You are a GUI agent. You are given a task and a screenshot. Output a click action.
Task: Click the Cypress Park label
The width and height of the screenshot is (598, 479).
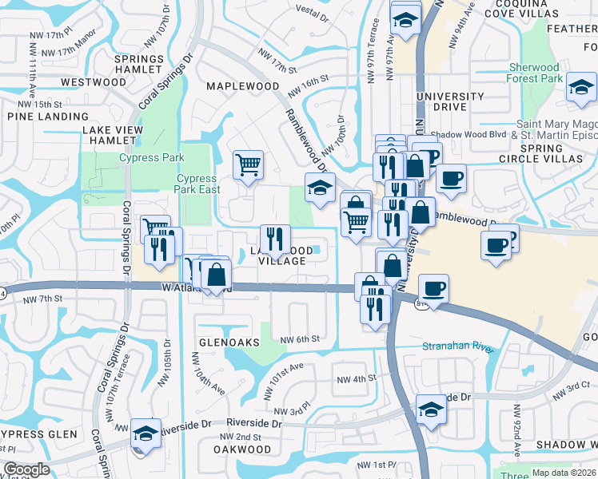151,158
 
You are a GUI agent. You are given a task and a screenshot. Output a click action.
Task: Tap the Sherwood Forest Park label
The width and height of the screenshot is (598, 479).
535,73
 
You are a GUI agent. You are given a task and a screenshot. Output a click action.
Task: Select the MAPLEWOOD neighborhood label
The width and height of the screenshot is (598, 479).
243,85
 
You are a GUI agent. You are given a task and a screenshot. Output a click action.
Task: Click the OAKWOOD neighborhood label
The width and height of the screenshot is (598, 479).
242,449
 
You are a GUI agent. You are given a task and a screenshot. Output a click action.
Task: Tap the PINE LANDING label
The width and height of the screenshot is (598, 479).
37,117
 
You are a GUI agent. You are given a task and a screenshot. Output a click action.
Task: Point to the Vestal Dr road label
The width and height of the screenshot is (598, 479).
313,10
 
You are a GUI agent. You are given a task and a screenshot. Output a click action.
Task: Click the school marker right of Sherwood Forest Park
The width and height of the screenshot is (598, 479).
581,87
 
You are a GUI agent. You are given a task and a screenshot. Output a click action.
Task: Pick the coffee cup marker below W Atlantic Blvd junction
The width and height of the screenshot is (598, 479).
433,288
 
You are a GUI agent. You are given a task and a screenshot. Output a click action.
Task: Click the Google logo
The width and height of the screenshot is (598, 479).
26,470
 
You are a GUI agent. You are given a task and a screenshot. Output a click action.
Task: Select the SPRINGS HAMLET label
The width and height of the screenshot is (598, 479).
138,65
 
